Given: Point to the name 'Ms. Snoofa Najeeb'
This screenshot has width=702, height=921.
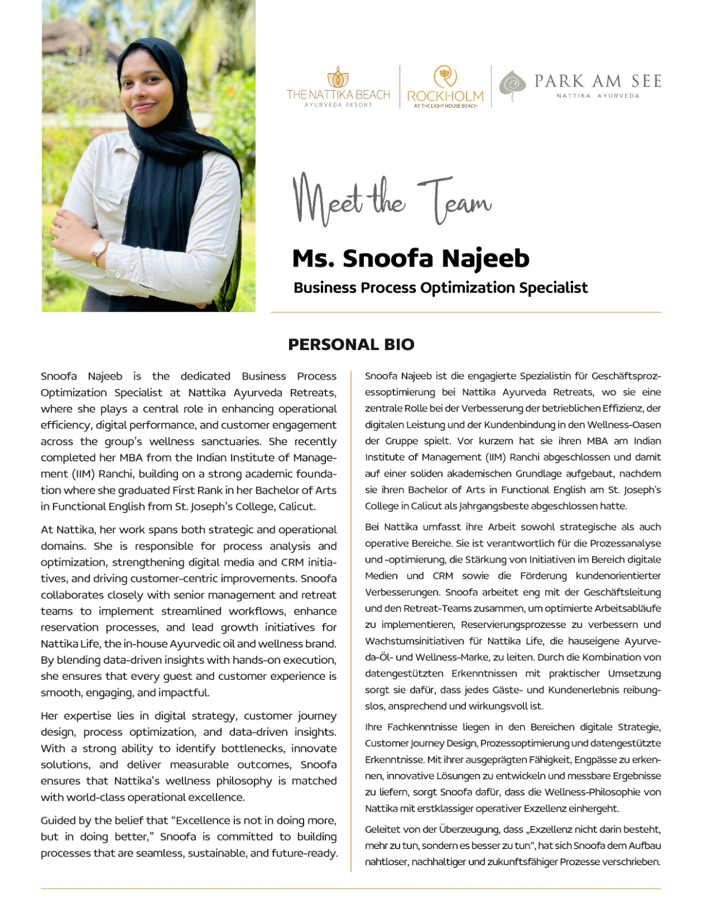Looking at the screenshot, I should (x=411, y=258).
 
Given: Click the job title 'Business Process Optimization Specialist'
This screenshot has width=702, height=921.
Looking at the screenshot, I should (x=441, y=288).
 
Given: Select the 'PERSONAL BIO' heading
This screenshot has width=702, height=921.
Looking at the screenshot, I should (x=351, y=345).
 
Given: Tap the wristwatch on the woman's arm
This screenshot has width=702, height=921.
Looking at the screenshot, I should (x=100, y=250).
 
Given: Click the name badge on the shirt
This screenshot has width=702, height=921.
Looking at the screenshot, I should (x=112, y=196).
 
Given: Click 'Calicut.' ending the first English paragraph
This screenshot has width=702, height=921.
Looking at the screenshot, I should (x=297, y=507).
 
